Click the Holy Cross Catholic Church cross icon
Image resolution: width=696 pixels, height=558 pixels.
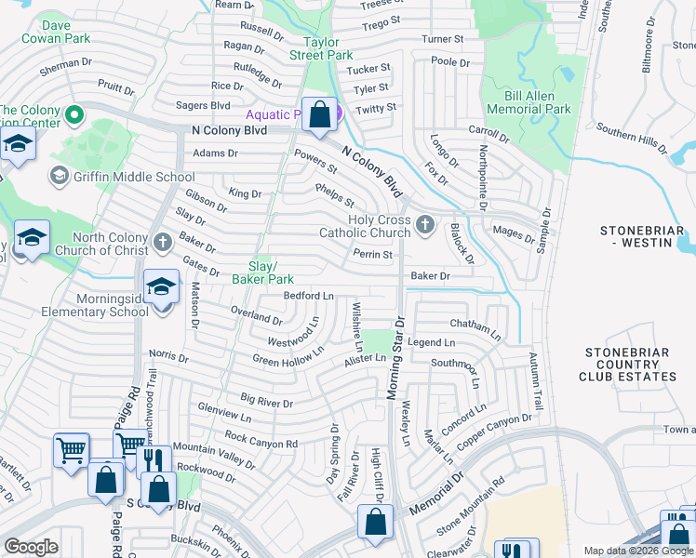(425, 223)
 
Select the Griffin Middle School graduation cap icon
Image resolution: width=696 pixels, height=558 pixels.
(59, 176)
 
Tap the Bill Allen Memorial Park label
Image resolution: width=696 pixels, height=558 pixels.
(529, 102)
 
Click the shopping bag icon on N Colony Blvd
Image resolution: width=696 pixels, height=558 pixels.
(319, 114)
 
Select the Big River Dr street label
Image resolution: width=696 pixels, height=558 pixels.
(266, 402)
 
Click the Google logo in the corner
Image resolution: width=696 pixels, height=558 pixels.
(31, 547)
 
